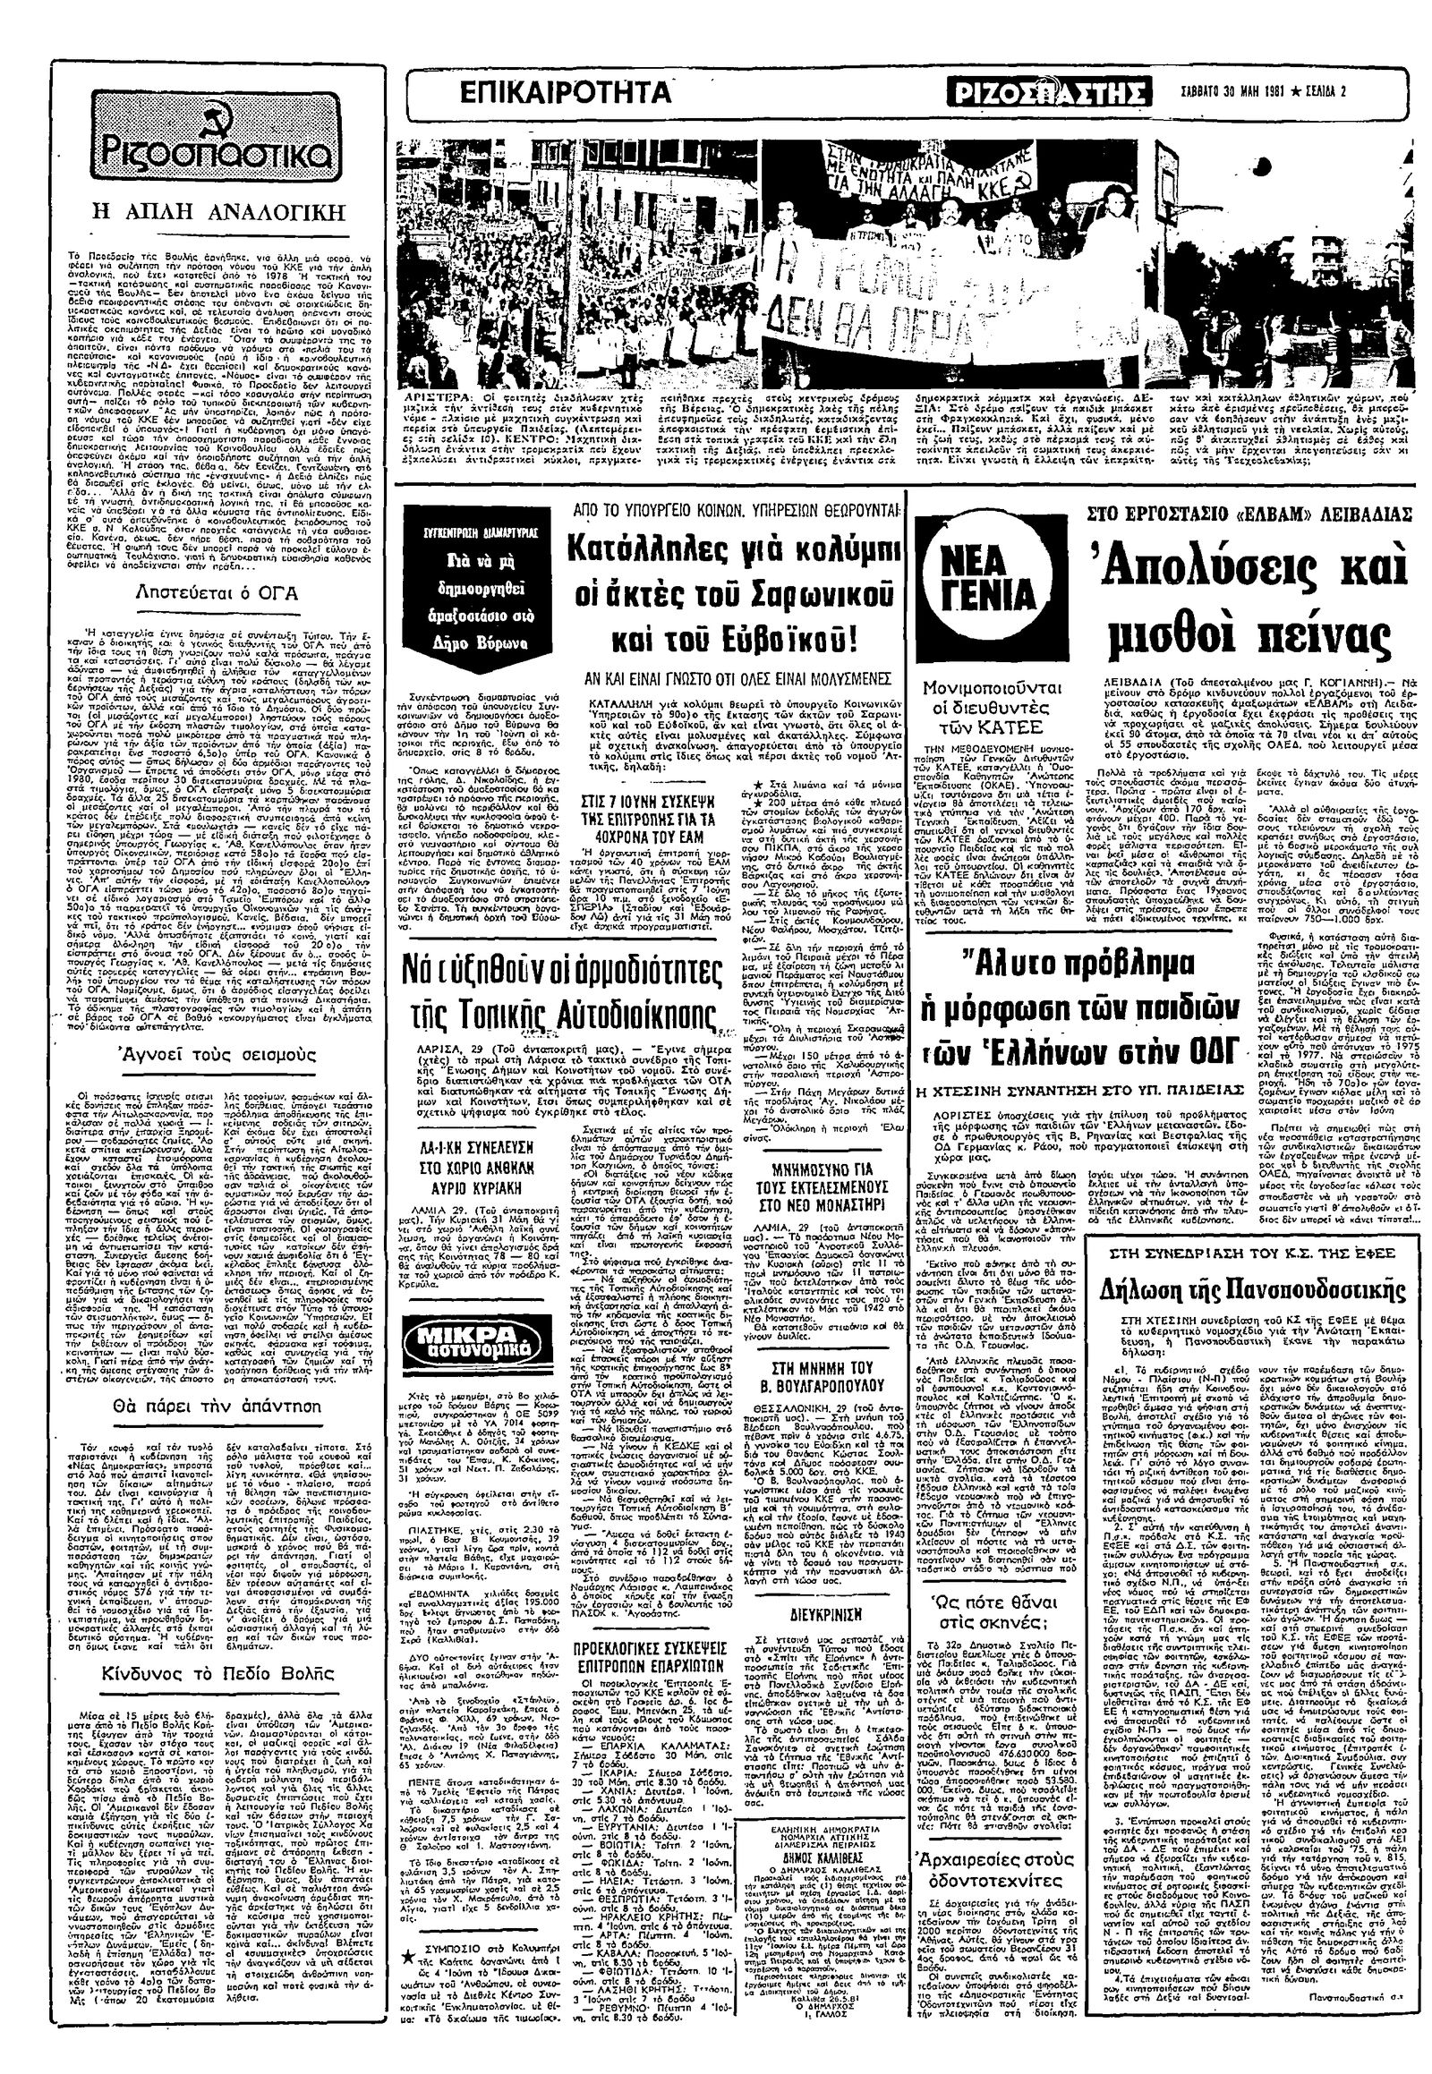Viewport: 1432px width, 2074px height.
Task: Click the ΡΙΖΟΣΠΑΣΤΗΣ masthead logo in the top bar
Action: coord(1048,93)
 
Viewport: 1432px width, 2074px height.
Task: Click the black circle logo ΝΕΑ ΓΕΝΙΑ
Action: coord(987,583)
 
